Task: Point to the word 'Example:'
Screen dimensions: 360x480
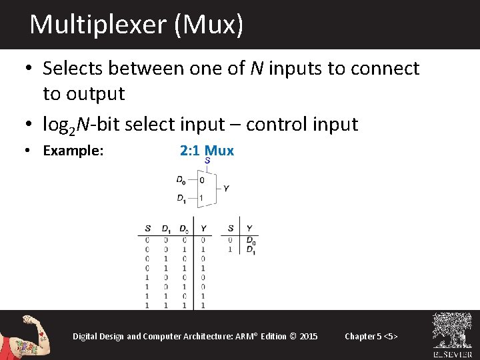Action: pos(73,151)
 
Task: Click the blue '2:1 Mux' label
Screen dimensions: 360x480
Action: pos(207,151)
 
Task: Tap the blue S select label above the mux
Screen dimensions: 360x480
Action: pos(207,161)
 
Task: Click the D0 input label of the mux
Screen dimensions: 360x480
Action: pos(181,179)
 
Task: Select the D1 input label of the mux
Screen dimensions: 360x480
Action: pos(181,198)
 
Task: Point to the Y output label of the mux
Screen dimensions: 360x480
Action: pos(226,189)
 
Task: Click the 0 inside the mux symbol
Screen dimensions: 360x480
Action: pos(202,180)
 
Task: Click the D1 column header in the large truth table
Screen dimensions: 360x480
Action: pos(166,229)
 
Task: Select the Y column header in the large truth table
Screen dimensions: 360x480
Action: pos(203,229)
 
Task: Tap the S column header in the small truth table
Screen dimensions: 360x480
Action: pos(231,229)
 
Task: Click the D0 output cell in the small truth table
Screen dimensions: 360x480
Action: pos(250,240)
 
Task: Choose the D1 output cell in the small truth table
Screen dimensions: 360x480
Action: pos(250,249)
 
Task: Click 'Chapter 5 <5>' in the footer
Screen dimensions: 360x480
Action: pos(371,336)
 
